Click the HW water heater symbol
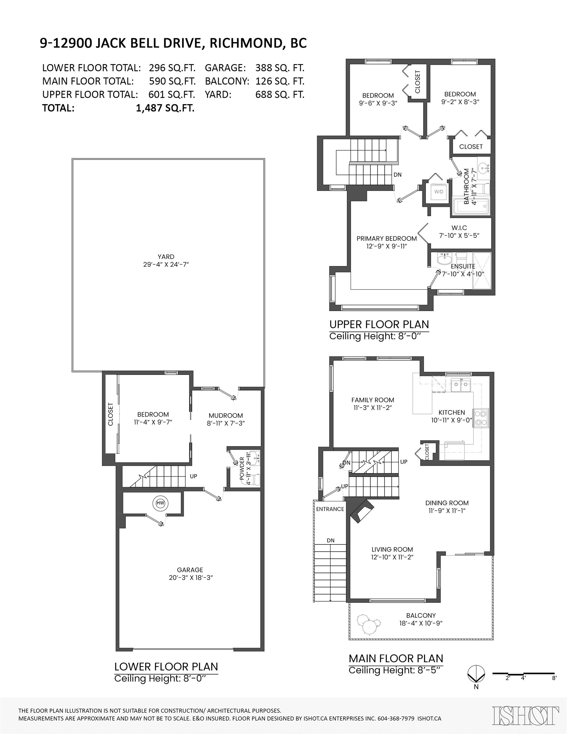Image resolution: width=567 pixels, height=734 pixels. click(x=160, y=503)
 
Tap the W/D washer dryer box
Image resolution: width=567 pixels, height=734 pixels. click(x=439, y=192)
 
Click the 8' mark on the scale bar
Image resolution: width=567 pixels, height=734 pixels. click(x=554, y=678)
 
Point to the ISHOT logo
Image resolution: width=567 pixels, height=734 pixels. click(x=526, y=715)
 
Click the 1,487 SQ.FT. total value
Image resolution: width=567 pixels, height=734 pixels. click(x=165, y=108)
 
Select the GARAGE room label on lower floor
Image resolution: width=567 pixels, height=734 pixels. click(x=190, y=570)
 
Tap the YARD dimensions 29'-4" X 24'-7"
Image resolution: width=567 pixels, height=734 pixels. click(x=166, y=264)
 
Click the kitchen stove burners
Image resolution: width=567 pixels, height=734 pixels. click(x=481, y=418)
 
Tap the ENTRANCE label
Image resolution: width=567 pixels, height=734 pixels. click(x=330, y=509)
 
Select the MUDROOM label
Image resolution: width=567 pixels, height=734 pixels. click(x=226, y=416)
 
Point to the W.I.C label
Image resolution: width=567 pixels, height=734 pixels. click(x=459, y=228)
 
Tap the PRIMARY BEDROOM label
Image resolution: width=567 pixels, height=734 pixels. click(x=386, y=239)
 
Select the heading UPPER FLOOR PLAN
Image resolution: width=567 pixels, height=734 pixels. click(x=379, y=324)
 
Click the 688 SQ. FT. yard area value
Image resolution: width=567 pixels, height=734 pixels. click(x=280, y=95)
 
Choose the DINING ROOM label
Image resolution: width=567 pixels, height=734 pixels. click(x=447, y=503)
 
